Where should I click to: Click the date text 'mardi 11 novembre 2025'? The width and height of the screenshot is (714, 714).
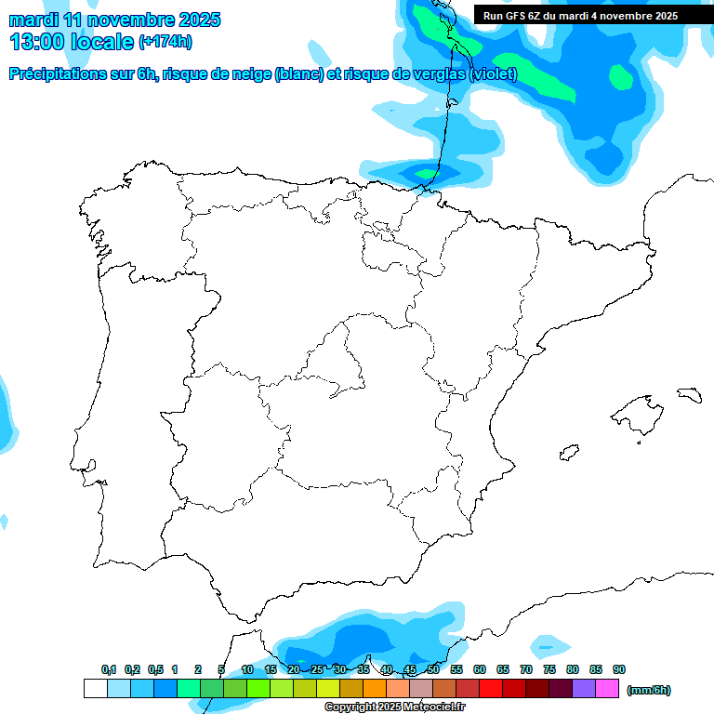pos(114,20)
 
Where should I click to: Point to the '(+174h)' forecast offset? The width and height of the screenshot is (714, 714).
pos(165,42)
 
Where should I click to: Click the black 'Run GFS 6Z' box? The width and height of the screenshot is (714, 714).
pos(580,16)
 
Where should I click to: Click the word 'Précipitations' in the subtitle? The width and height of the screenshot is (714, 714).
pos(57,74)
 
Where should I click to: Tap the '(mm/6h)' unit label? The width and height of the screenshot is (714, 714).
pos(648,690)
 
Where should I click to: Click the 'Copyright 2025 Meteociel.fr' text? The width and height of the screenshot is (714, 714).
pos(394,707)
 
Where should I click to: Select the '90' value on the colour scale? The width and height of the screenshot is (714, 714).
pos(619,669)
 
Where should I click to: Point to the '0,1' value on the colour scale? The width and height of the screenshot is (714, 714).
pos(109,669)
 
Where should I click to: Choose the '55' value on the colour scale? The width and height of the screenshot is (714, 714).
pos(456,669)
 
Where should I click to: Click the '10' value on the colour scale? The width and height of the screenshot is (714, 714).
pos(247,669)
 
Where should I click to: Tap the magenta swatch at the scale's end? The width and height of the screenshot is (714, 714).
pos(607,689)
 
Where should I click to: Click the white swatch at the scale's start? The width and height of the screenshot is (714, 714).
pos(95,689)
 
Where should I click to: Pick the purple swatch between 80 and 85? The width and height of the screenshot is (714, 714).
pos(584,689)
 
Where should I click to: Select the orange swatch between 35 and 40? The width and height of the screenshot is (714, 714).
pos(375,689)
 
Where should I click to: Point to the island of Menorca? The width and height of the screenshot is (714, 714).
pos(689,394)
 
